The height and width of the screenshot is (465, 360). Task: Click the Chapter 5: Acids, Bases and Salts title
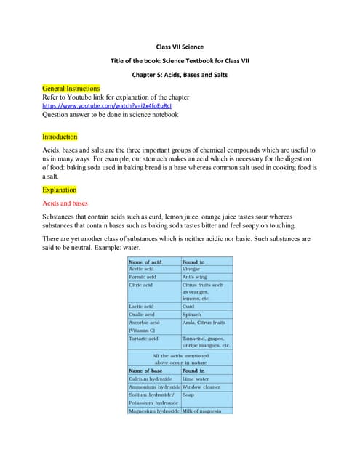(x=180, y=74)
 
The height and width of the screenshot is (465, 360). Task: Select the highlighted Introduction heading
(x=60, y=137)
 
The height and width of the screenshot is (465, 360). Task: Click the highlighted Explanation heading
(x=59, y=190)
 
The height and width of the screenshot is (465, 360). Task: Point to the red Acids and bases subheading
(x=65, y=204)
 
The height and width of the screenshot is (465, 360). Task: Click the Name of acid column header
(x=145, y=262)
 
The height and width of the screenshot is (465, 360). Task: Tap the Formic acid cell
(x=143, y=277)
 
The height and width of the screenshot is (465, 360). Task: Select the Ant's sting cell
(x=196, y=277)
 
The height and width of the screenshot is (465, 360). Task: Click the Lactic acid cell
(x=141, y=307)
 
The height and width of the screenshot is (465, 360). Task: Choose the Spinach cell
(x=193, y=315)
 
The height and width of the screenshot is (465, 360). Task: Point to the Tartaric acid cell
(x=143, y=338)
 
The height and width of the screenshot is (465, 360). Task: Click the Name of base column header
(x=145, y=371)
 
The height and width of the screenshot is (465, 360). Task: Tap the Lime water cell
(x=196, y=379)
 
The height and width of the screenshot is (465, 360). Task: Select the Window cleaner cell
(x=201, y=387)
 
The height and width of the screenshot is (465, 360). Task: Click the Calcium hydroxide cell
(x=150, y=379)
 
